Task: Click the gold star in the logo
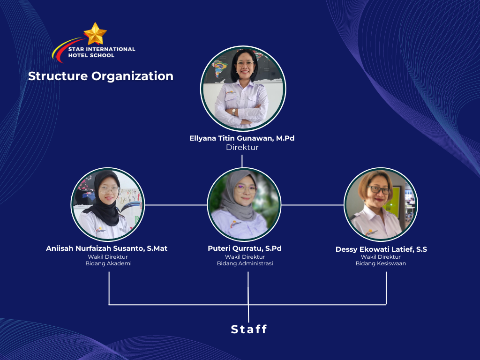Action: pos(95,34)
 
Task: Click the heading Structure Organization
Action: pos(100,76)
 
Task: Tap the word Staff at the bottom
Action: pos(249,330)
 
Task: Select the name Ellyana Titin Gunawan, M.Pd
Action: pos(242,138)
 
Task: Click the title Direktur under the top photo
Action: pos(242,147)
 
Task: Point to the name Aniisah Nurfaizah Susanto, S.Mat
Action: pos(106,248)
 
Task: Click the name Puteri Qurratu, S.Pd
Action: pos(245,248)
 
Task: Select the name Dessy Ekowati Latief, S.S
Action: pos(381,249)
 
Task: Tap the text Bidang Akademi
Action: pos(108,263)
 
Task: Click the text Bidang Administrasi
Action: pos(245,263)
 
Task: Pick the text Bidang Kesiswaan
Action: pos(381,263)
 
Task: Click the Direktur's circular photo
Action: pos(242,88)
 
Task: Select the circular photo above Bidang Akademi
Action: pos(108,205)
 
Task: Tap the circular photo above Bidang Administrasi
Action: pos(244,204)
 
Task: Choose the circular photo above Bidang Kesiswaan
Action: pos(381,204)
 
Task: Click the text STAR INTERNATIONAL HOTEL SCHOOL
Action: pos(102,52)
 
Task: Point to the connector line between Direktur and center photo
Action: pos(242,161)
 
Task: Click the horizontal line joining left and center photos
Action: pos(176,205)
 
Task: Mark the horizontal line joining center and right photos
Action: pos(313,205)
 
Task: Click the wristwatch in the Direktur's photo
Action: pos(234,112)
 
